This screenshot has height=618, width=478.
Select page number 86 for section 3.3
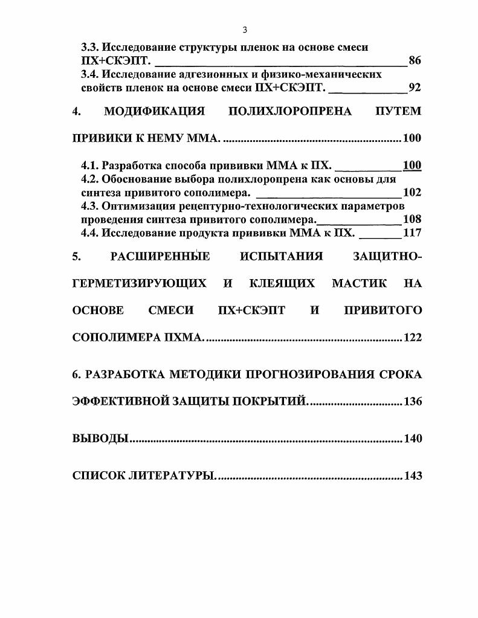pos(415,61)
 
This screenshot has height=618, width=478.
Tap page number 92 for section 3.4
pos(415,88)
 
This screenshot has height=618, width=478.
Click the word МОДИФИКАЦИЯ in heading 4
pos(155,112)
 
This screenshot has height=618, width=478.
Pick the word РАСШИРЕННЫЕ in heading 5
pos(160,257)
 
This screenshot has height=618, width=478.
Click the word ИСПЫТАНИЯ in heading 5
pos(281,257)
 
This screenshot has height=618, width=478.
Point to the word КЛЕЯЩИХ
pos(283,283)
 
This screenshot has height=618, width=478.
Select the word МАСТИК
pos(359,283)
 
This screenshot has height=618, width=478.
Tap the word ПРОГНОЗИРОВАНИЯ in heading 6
pos(304,374)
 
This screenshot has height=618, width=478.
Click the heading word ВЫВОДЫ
pos(100,439)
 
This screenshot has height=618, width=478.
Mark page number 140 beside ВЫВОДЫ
pos(413,439)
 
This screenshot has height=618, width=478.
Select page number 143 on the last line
pos(413,476)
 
